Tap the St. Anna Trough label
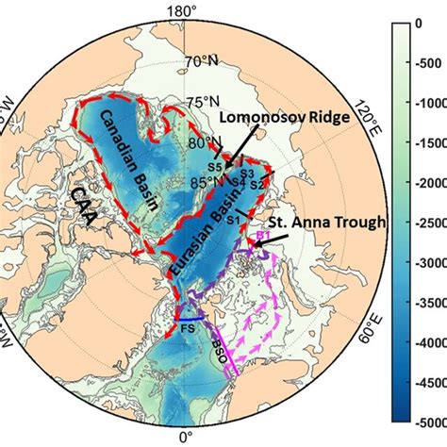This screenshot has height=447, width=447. [312, 223]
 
